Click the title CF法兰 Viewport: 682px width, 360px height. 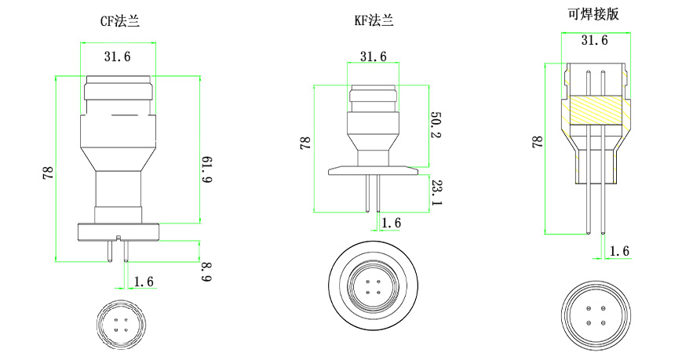(x=120, y=21)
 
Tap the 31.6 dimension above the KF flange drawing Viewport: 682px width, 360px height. (x=373, y=56)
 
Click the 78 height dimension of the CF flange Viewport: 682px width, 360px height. (x=46, y=172)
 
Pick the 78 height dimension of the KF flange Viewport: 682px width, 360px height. (x=305, y=143)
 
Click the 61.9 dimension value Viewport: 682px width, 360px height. (x=207, y=170)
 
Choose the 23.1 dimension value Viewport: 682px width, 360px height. (x=436, y=192)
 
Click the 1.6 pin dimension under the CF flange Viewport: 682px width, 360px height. (x=144, y=281)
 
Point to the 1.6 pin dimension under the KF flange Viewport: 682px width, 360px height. (x=390, y=224)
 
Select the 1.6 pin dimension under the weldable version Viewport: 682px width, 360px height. (x=619, y=251)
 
